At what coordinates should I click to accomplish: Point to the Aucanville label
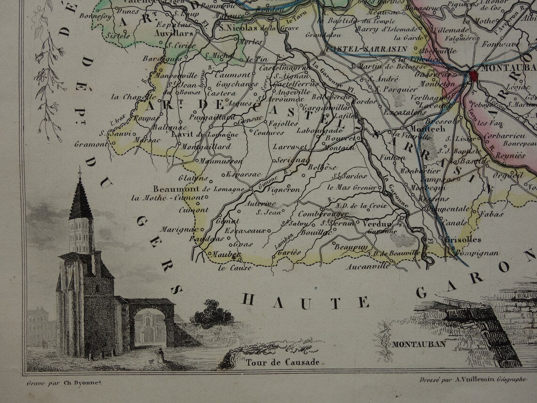click(x=368, y=266)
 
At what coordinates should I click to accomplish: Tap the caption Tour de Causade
click(x=282, y=362)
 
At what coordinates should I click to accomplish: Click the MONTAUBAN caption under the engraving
click(x=419, y=344)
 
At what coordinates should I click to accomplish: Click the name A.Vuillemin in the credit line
click(x=465, y=379)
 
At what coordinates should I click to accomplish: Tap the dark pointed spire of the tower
click(x=81, y=198)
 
